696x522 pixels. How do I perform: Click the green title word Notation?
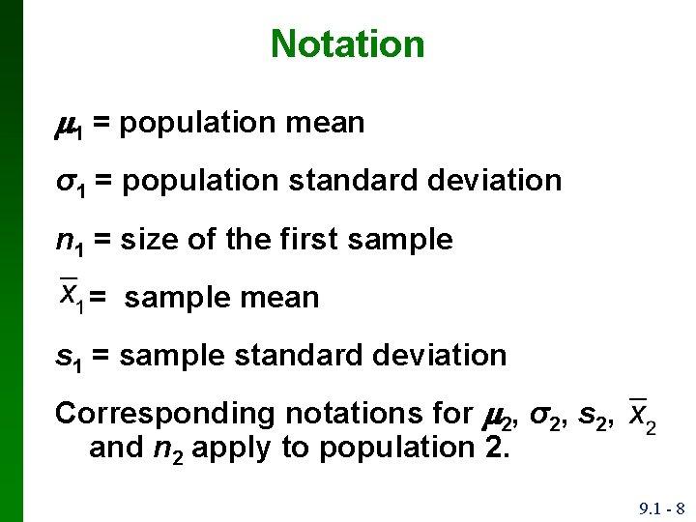(347, 43)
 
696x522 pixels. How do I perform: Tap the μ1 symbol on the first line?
(70, 125)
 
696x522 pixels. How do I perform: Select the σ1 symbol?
(69, 182)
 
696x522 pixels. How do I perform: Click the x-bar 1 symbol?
(71, 295)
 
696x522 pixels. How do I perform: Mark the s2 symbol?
(591, 415)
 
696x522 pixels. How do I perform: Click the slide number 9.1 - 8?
(661, 507)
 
